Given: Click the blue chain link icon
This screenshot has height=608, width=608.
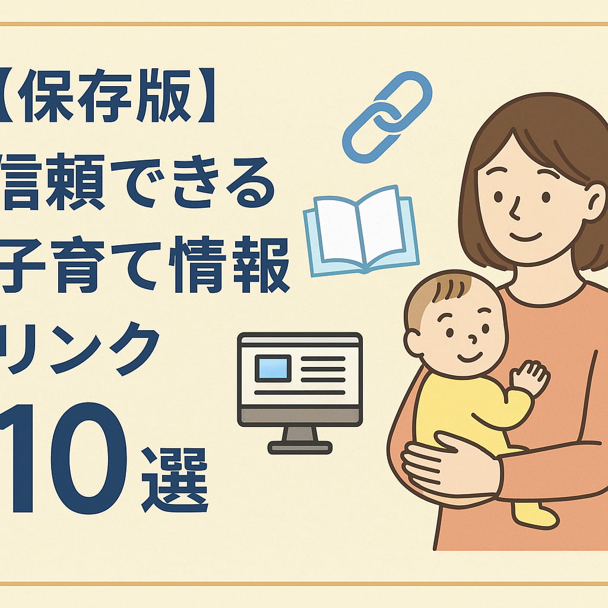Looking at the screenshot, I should [x=387, y=116].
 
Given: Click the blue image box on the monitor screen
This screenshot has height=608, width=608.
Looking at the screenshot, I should [x=273, y=368].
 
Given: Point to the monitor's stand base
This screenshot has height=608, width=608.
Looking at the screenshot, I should [x=299, y=446].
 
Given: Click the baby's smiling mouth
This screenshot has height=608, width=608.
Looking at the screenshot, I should [x=468, y=358].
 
